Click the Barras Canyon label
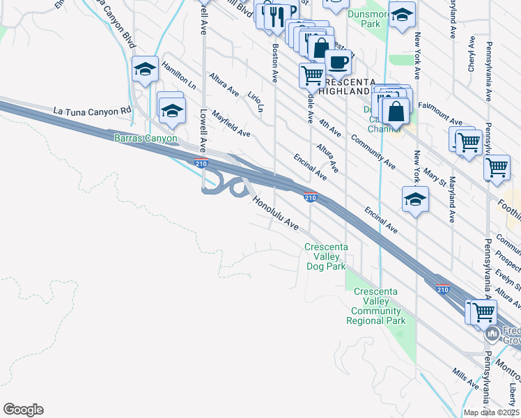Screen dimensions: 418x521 click(x=146, y=138)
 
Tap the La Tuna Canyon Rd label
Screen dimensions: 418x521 click(x=92, y=111)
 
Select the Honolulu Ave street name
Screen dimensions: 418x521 click(x=277, y=212)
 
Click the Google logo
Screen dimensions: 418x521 click(x=23, y=410)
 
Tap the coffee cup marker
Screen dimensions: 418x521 click(x=339, y=61)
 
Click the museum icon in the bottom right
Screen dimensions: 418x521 click(x=492, y=334)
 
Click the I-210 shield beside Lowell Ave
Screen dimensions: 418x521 click(x=201, y=164)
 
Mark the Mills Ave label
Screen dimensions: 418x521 click(x=464, y=378)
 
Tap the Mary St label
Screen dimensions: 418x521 click(x=437, y=173)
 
